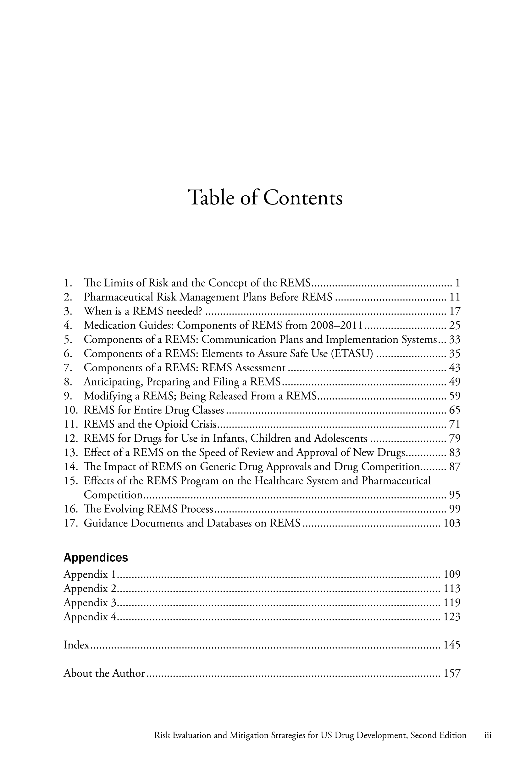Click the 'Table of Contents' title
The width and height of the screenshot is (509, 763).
tap(265, 198)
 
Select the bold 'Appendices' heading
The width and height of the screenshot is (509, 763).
tap(96, 558)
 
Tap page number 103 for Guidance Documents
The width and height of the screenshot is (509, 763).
tap(452, 523)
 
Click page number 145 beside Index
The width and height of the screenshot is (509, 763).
tap(452, 645)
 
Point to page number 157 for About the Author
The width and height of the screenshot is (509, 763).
tap(452, 673)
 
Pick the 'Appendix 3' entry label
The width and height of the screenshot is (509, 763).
tap(90, 602)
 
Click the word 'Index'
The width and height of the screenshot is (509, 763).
tap(76, 645)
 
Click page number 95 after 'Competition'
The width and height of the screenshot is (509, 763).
tap(455, 495)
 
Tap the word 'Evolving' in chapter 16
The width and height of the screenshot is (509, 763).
tap(124, 509)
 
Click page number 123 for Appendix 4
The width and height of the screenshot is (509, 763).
tap(452, 616)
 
